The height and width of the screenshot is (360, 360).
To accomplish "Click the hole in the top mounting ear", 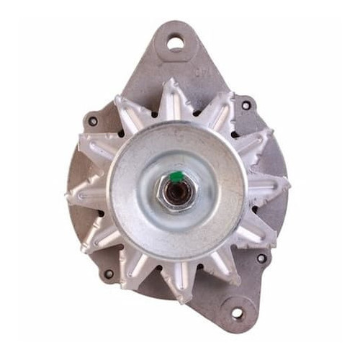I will (x=176, y=43).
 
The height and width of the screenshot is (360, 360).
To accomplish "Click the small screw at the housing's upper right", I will (x=246, y=105).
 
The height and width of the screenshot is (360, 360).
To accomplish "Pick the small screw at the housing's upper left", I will (x=93, y=121).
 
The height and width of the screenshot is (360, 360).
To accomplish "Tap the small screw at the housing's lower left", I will (x=109, y=274).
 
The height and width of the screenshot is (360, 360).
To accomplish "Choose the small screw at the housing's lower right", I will (x=261, y=258).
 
